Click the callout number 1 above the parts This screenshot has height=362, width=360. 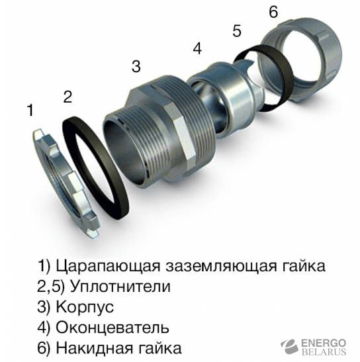tap(30, 110)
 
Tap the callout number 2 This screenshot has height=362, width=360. tap(67, 97)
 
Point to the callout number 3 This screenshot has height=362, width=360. tap(136, 66)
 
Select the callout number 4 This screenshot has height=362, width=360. tap(197, 49)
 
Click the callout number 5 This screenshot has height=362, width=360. tap(237, 31)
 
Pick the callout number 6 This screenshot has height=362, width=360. tap(273, 11)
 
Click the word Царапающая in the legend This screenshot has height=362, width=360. tap(108, 266)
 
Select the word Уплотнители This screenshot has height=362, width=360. tap(120, 287)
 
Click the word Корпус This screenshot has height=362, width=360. tap(85, 307)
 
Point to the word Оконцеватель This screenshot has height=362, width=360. tap(112, 328)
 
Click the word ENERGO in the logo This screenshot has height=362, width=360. tap(324, 343)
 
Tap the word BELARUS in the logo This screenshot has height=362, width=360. tap(324, 352)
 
